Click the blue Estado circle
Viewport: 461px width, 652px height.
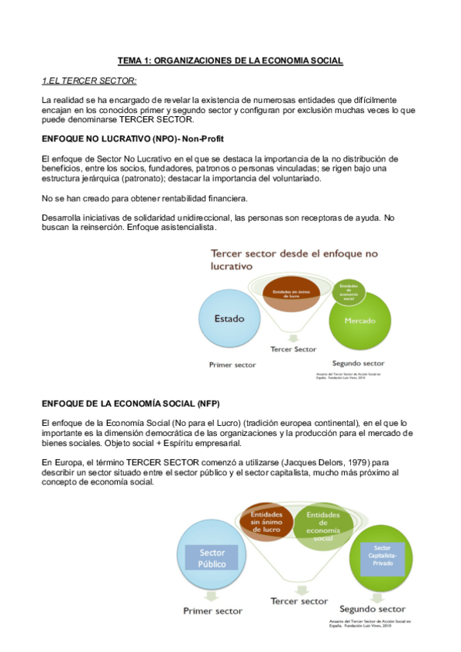pos(230,318)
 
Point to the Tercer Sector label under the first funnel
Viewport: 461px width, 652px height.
pos(293,349)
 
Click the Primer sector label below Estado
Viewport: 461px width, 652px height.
pos(232,365)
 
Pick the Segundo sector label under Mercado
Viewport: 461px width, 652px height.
pos(358,363)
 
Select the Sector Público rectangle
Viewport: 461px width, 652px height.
pos(212,558)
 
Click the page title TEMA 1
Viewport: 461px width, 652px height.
pos(230,60)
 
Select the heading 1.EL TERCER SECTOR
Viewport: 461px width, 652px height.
pos(89,81)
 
